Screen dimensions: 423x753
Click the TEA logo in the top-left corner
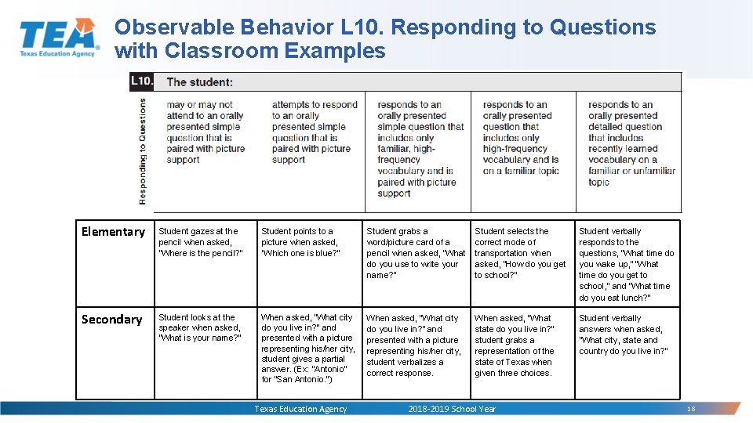click(59, 37)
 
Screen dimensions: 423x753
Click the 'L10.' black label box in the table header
click(142, 81)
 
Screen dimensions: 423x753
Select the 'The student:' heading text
click(199, 82)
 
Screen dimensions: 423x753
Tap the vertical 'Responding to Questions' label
click(142, 150)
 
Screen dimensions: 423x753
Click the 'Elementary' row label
click(113, 232)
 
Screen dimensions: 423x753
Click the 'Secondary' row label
click(111, 320)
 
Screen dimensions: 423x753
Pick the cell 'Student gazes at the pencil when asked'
click(201, 242)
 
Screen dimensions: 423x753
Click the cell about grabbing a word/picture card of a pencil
click(415, 253)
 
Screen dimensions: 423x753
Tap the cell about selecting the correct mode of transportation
click(519, 253)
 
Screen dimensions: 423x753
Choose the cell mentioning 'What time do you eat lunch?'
click(626, 264)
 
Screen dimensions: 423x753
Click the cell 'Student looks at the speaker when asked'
click(199, 327)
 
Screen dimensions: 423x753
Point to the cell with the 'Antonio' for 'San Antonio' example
click(307, 349)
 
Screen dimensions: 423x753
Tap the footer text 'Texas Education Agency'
click(300, 409)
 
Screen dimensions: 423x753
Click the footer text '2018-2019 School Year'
click(452, 409)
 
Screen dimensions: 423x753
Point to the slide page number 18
click(691, 410)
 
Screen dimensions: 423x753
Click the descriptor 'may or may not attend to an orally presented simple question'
click(206, 132)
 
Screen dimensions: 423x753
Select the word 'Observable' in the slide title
click(173, 27)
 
